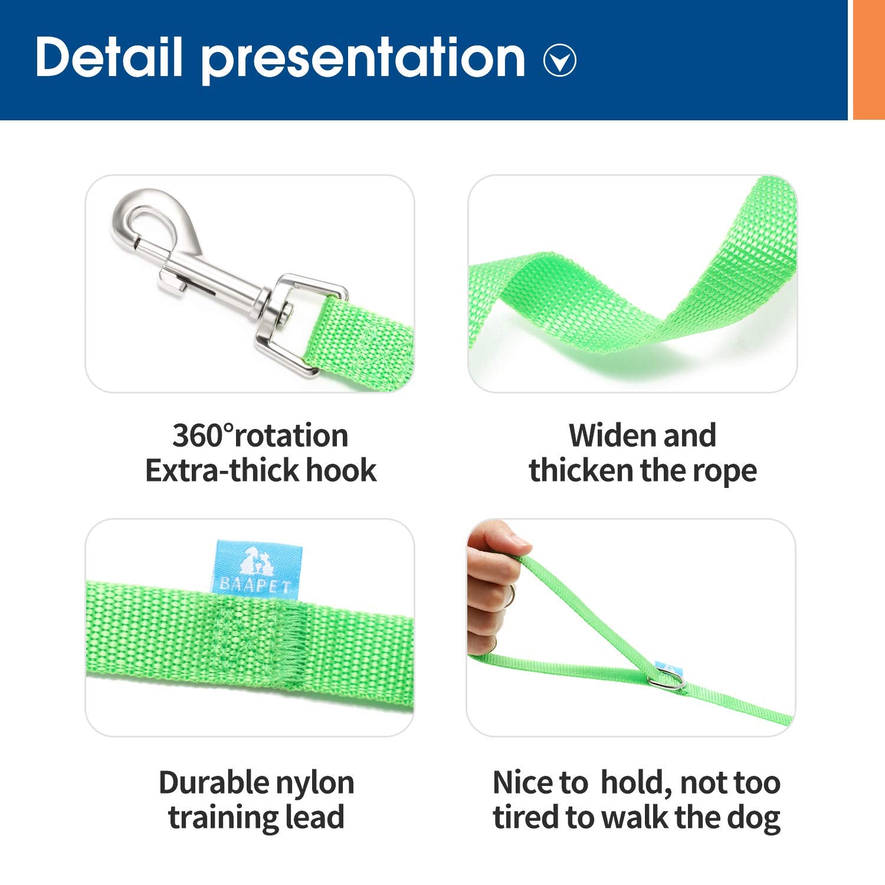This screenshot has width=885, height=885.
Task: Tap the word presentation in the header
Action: [363, 60]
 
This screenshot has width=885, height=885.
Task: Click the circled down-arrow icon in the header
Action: [559, 60]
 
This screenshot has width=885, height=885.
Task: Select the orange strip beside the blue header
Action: [869, 60]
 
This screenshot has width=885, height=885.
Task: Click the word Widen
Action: [611, 436]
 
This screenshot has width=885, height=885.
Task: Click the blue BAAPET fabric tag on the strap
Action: [258, 567]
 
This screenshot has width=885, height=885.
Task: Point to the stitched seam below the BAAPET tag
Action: [260, 643]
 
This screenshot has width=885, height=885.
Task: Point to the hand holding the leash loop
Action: [493, 590]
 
